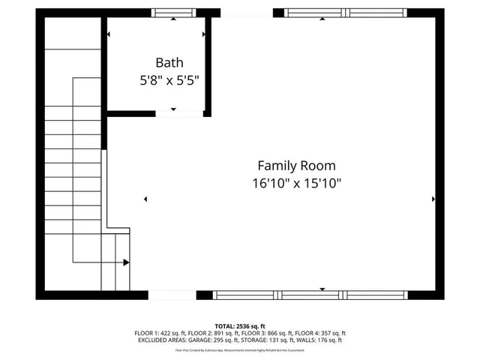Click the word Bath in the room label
click(x=169, y=63)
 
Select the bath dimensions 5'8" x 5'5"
click(x=169, y=79)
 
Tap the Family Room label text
click(x=296, y=166)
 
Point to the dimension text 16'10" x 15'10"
click(x=296, y=182)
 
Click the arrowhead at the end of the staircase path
click(x=126, y=262)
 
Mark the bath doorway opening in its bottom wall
click(x=180, y=113)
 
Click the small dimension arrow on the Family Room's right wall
click(x=433, y=199)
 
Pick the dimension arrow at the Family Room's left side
click(x=145, y=199)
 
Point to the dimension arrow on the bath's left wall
click(x=109, y=34)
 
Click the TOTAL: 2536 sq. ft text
click(x=240, y=326)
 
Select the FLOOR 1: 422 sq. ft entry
click(x=160, y=333)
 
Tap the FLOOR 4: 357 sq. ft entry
click(x=319, y=333)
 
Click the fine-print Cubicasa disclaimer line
click(x=240, y=349)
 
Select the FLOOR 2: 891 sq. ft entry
click(x=212, y=333)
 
